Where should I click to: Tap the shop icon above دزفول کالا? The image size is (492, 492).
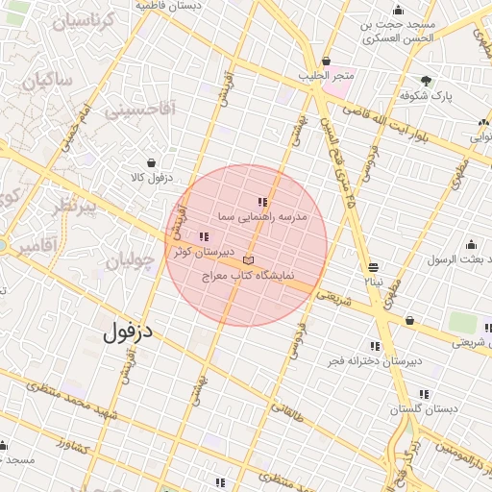coord(151,163)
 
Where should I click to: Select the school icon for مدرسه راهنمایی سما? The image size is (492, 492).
coord(262,202)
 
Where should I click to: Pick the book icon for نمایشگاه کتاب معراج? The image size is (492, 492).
coord(249,259)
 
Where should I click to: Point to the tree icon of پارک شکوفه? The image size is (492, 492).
coord(426,81)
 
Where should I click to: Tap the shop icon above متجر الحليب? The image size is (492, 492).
coord(327,60)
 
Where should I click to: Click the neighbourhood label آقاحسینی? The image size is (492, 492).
coord(140,111)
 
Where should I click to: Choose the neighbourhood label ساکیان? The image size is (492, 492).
coord(51,83)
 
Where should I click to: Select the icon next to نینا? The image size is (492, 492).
coord(373,267)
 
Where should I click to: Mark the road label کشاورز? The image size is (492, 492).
coord(72,447)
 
